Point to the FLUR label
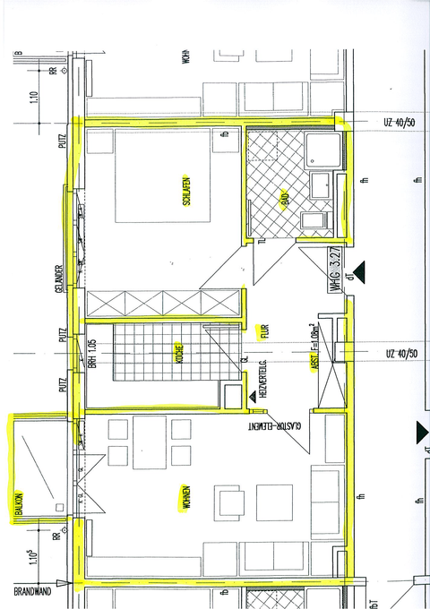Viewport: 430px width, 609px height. tap(264, 333)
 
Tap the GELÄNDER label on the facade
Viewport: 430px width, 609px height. tap(59, 279)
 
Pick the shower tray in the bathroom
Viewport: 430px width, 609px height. tap(321, 150)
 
